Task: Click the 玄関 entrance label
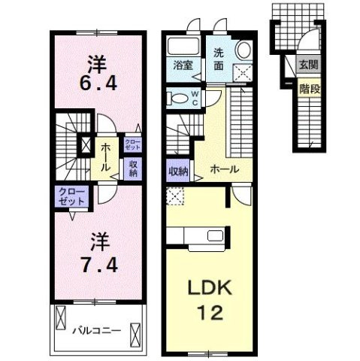tap(308, 65)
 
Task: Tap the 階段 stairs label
tap(310, 89)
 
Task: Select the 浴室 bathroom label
tap(183, 65)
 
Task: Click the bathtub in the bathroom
tap(183, 46)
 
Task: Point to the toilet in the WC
tap(177, 98)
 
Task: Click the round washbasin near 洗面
tap(244, 50)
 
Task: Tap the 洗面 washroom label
tap(219, 59)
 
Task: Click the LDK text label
tap(210, 288)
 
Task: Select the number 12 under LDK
tap(210, 313)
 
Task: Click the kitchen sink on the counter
tap(215, 235)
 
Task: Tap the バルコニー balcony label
tap(97, 331)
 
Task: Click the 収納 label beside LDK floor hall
tap(178, 171)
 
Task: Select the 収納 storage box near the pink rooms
tap(133, 168)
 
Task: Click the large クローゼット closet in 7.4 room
tap(71, 196)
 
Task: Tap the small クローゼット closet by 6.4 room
tap(133, 144)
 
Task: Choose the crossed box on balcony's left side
tap(61, 317)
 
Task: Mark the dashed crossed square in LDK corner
tap(175, 196)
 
